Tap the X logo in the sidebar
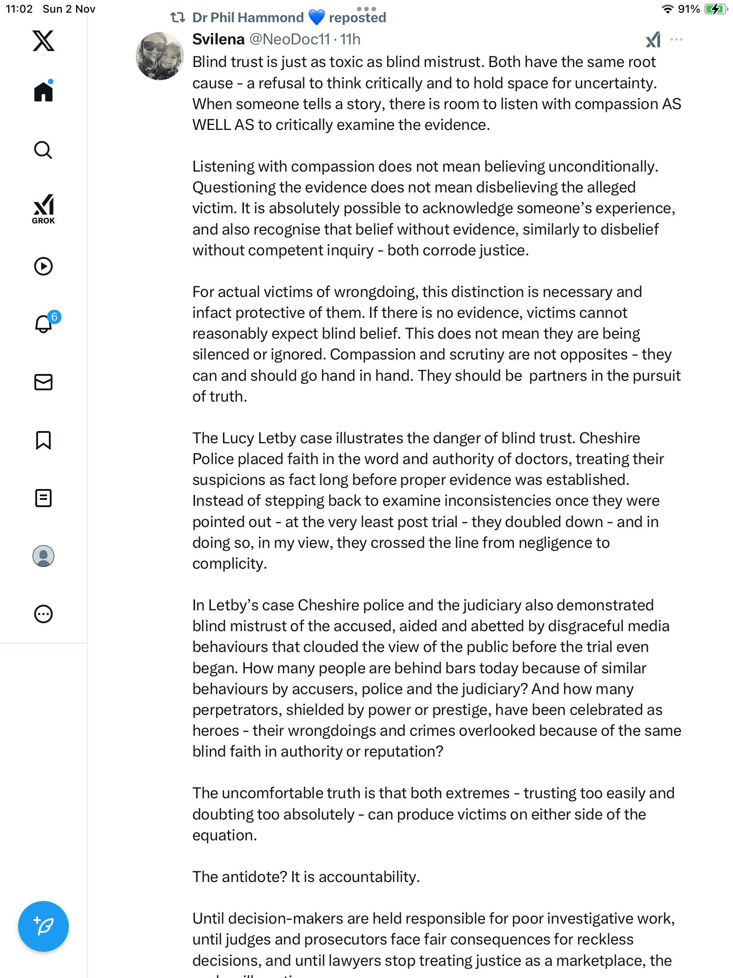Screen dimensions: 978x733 (43, 41)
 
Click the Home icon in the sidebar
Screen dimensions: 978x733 (43, 92)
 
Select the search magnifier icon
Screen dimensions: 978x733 (43, 150)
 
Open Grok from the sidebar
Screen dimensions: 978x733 (43, 209)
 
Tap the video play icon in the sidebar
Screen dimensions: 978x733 (43, 266)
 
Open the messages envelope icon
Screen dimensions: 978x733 (43, 382)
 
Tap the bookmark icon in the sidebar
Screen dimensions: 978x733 (43, 440)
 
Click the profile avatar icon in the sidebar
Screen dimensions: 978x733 (43, 556)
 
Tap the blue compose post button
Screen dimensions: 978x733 (43, 926)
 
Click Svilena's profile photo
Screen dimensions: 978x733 (160, 56)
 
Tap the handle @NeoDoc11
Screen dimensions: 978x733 (290, 39)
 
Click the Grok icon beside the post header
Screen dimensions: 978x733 (653, 40)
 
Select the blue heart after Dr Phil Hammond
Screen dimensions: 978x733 (316, 18)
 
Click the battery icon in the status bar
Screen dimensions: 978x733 (715, 9)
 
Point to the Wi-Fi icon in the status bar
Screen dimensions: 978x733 (667, 9)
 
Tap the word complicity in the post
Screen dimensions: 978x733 (229, 564)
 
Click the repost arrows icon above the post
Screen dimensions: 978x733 (177, 18)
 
